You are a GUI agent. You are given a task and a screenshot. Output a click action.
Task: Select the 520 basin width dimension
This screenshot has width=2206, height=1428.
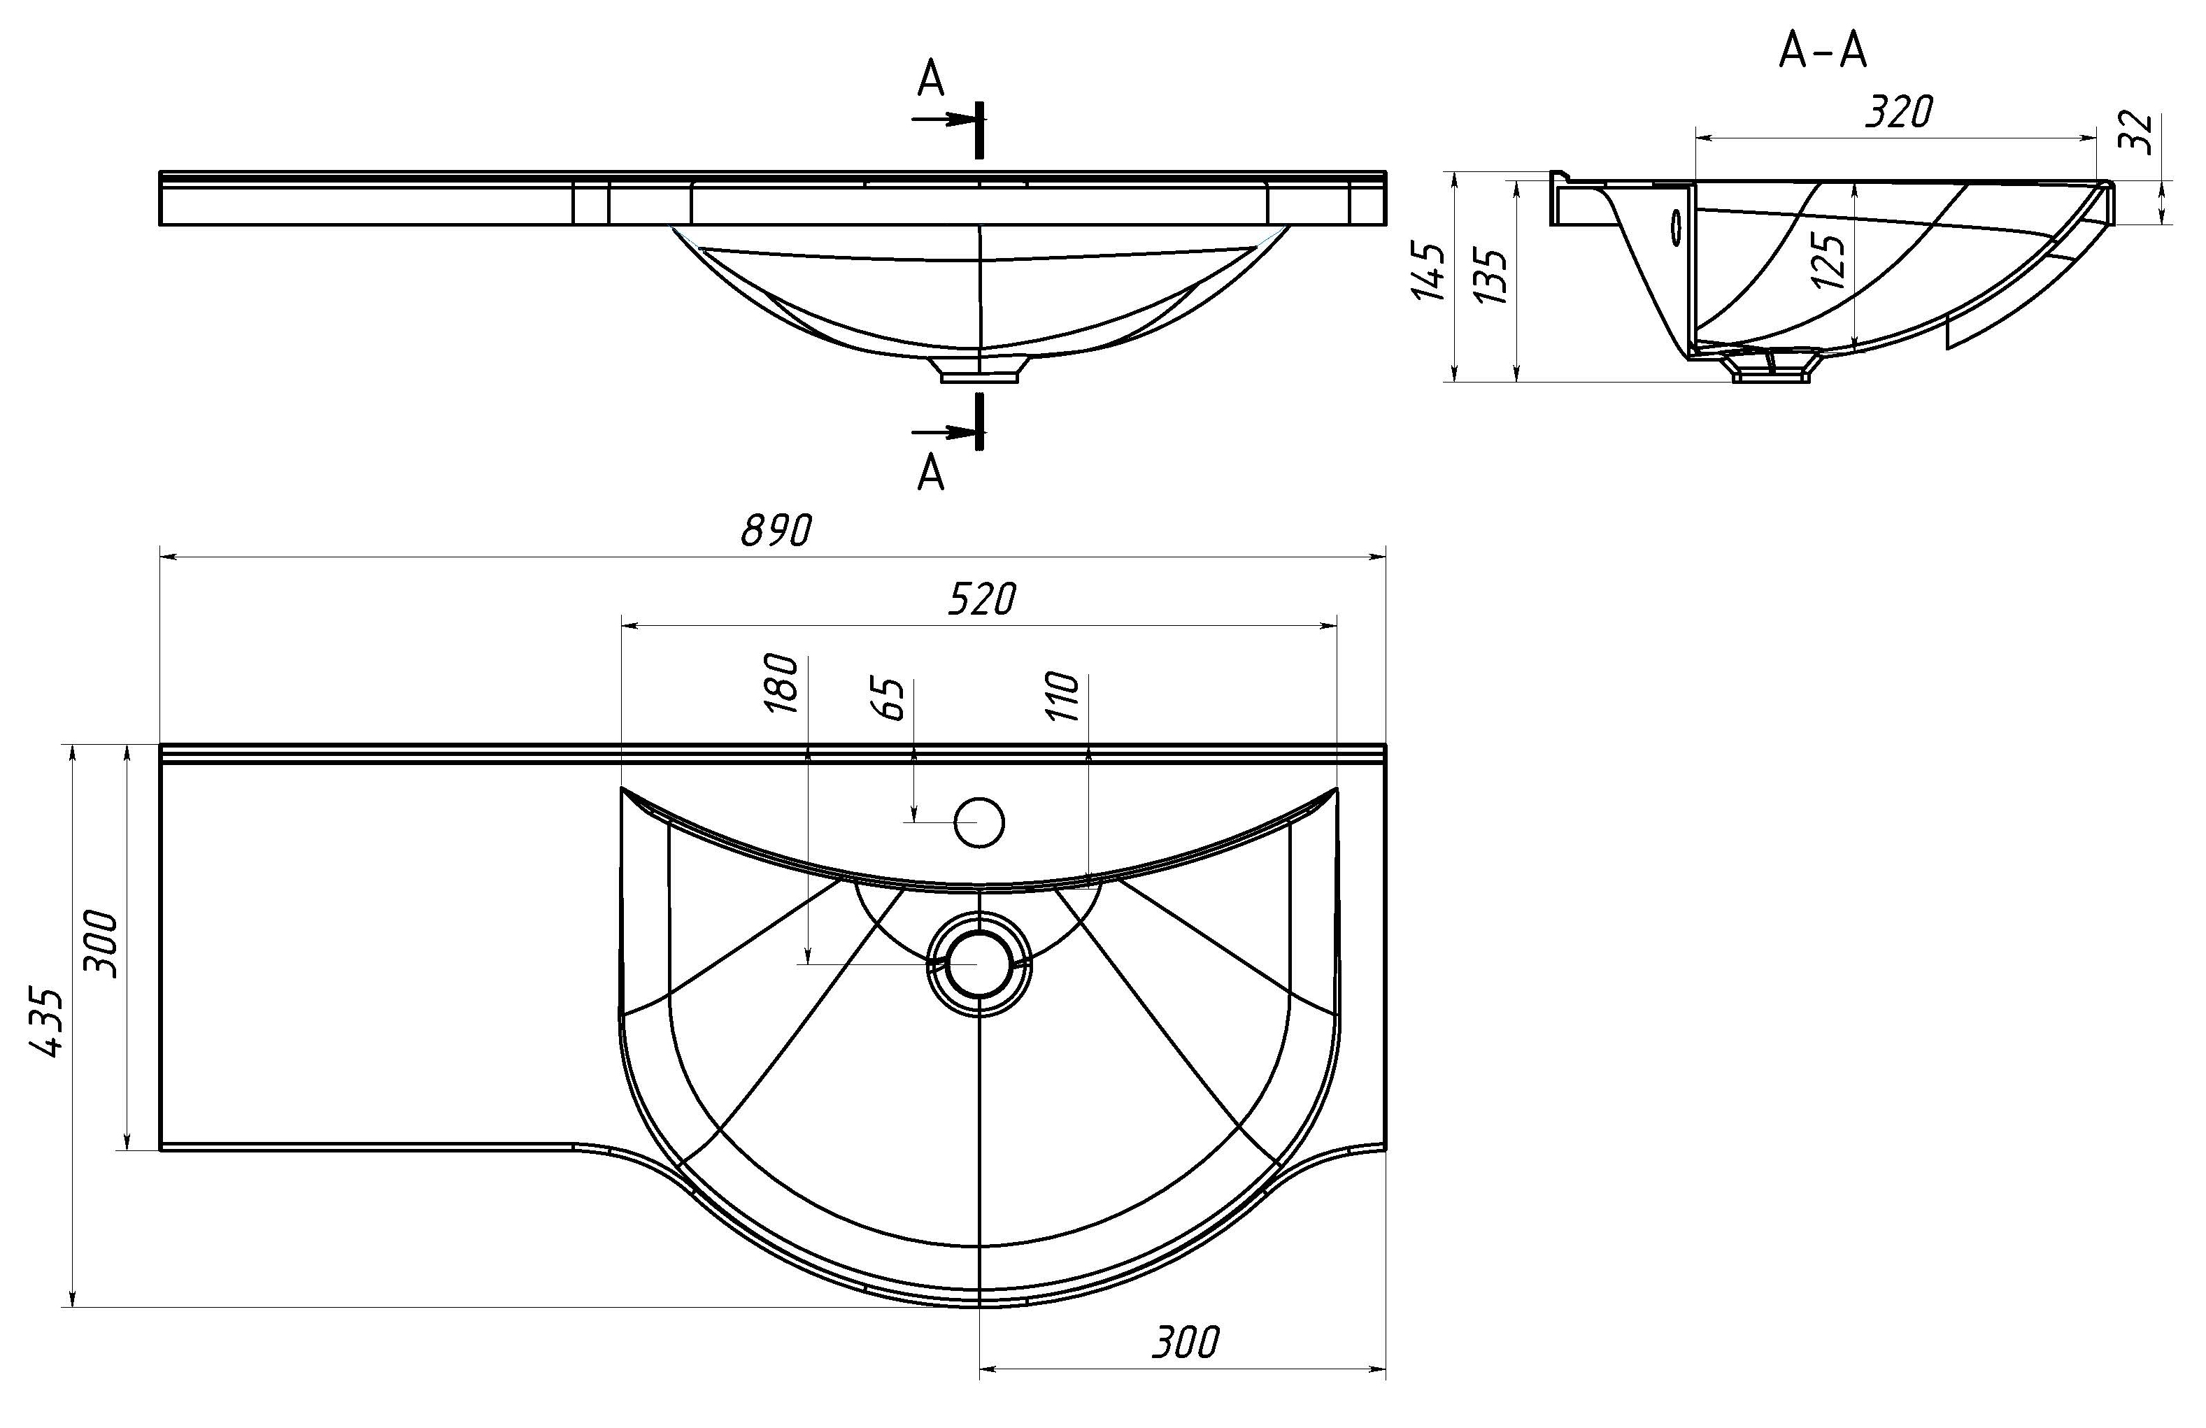point(981,599)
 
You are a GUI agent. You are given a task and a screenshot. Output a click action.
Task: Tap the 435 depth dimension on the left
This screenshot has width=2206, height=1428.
point(45,1022)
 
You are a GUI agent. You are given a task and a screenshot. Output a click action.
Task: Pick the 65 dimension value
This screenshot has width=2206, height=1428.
point(888,699)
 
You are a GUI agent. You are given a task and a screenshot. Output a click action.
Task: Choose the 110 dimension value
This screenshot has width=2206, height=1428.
point(1062,697)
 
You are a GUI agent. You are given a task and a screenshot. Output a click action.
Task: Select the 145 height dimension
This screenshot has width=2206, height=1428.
point(1428,271)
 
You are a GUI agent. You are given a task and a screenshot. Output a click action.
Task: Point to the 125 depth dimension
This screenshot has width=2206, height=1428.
point(1829,260)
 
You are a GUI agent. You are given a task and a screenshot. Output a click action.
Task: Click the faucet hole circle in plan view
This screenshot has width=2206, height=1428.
point(979,822)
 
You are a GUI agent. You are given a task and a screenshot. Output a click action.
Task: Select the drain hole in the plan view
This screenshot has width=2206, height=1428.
point(979,964)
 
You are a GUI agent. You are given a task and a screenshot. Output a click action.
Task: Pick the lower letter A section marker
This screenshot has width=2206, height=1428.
point(931,473)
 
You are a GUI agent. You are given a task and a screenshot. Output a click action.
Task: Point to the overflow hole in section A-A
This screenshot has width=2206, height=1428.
point(1675,226)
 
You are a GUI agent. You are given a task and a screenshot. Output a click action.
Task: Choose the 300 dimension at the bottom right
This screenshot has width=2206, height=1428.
point(1186,1343)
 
